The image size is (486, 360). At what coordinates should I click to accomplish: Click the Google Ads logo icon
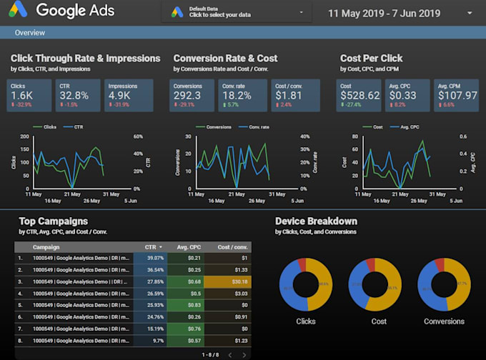click(18, 11)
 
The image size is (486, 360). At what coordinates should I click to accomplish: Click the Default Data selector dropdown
click(237, 12)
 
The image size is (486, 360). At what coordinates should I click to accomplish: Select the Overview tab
click(30, 33)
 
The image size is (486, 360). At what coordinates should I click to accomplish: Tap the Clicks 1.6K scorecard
click(28, 96)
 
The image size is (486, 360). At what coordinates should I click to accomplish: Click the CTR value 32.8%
click(74, 95)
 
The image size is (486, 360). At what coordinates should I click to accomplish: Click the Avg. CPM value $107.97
click(452, 95)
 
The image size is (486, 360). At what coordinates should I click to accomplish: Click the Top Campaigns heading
click(54, 221)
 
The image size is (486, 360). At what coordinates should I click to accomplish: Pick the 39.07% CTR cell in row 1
click(155, 258)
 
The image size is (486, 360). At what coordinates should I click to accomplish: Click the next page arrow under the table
click(244, 354)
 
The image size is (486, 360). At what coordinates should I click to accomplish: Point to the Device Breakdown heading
click(316, 221)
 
